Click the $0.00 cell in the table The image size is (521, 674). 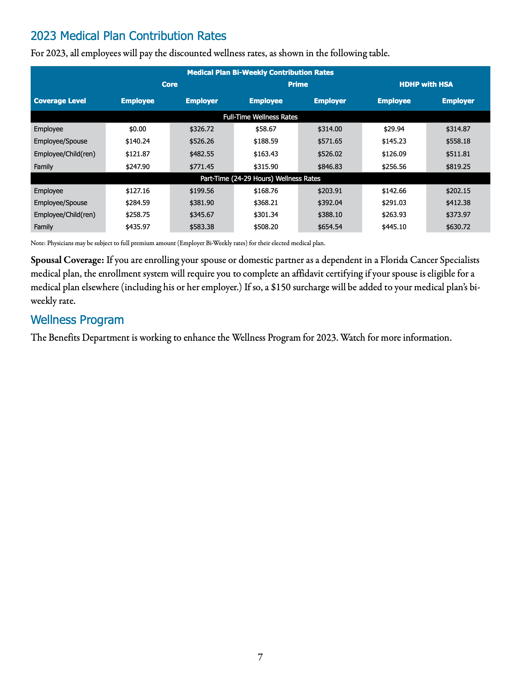coord(137,129)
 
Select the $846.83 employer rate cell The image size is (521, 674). coord(330,167)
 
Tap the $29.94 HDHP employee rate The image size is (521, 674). coord(394,129)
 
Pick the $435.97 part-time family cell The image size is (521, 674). coord(137,227)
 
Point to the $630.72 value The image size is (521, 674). coord(458,227)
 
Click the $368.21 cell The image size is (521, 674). coord(266,203)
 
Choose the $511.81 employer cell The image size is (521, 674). coord(458,154)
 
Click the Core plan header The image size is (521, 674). coord(169,84)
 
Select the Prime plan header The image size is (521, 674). coord(298,84)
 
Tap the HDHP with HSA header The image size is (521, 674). coord(426,84)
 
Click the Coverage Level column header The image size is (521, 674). coord(60,101)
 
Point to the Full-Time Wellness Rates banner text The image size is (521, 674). coord(260,117)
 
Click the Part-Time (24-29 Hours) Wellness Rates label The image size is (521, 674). coord(260,178)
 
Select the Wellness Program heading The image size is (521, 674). coord(77,320)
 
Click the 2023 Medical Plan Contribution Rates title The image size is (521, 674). coord(128,36)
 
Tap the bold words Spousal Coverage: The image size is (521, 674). coord(67,260)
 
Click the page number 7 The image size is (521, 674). coord(260,657)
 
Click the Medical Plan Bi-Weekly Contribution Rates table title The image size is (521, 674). coord(260,73)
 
